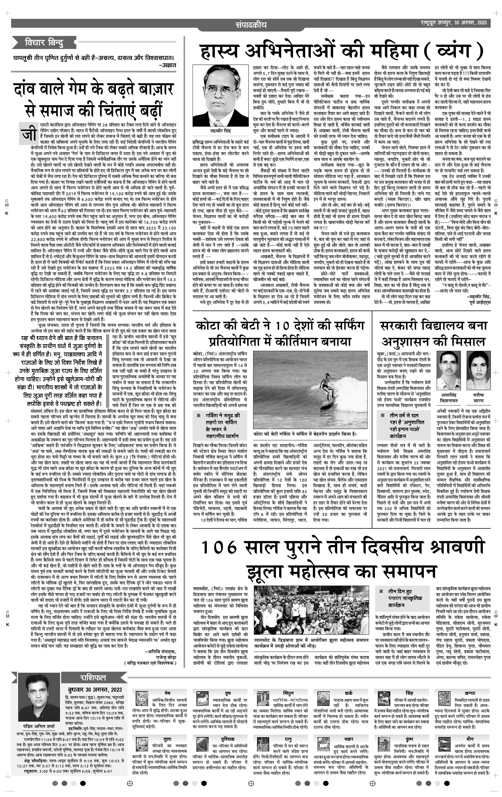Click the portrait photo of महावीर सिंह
click(x=219, y=96)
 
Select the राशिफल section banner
click(x=93, y=679)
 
